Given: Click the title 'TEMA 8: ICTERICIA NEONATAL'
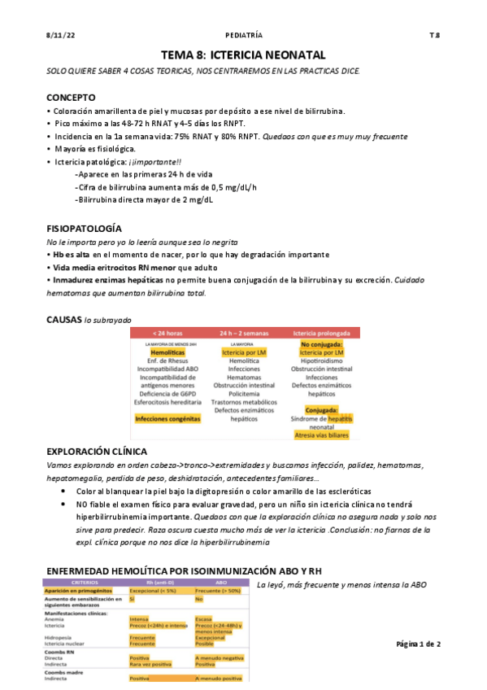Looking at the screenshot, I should coord(243,55).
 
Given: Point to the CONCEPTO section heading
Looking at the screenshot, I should coord(72,97).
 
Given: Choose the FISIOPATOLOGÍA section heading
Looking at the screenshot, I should coord(85,230).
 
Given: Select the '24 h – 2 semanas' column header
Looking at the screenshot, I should coord(244,333).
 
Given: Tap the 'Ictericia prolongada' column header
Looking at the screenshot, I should coord(321,333).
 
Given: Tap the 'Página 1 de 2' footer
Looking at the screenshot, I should coord(418,643).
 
